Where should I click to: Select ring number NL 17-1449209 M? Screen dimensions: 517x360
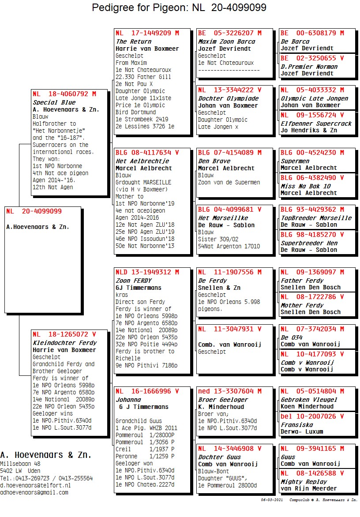[x=147, y=33]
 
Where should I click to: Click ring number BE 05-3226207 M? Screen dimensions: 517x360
[x=230, y=33]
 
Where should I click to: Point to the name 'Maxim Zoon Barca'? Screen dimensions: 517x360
[x=226, y=41]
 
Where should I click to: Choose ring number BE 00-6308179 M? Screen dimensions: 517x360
[x=312, y=33]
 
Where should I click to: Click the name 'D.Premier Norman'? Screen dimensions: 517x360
[x=309, y=67]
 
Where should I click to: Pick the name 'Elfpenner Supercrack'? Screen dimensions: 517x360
[x=316, y=124]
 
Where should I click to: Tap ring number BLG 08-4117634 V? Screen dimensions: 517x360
[x=147, y=153]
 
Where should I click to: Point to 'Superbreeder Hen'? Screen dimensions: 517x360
[x=309, y=243]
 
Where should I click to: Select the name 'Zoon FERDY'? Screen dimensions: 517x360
[x=133, y=281]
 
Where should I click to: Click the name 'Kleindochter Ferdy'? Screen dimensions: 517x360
[x=64, y=343]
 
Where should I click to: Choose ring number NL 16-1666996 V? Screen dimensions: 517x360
[x=147, y=391]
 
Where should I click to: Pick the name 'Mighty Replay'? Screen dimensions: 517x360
[x=304, y=482]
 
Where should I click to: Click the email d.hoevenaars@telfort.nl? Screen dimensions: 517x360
[x=35, y=485]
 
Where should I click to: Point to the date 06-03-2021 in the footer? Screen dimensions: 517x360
[x=272, y=500]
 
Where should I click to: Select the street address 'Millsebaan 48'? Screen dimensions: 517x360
[x=20, y=464]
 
